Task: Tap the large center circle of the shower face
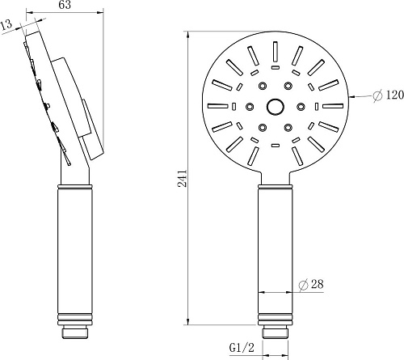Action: click(275, 105)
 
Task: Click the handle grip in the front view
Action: click(275, 251)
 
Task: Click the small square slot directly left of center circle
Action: click(234, 105)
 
